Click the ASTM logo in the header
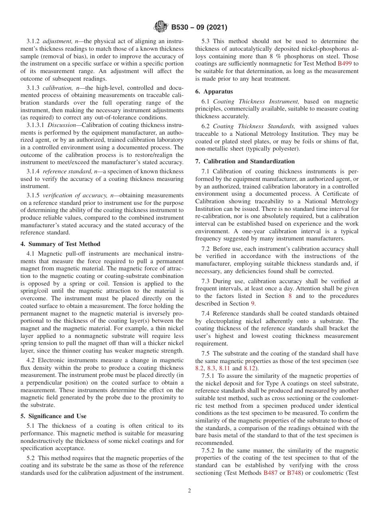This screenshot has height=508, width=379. click(160, 28)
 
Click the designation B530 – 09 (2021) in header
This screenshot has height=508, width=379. click(199, 28)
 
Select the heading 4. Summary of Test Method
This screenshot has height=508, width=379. click(60, 244)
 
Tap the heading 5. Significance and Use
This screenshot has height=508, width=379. click(53, 416)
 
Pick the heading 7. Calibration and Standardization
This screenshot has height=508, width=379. click(245, 161)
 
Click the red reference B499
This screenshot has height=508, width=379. click(345, 63)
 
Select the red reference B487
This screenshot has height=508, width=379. click(270, 473)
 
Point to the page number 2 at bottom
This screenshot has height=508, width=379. click(189, 491)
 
